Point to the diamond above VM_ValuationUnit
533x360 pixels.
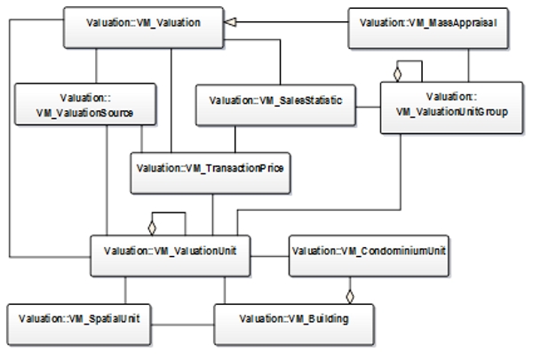click(x=153, y=221)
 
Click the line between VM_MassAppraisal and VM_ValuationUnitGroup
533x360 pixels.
click(x=469, y=61)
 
